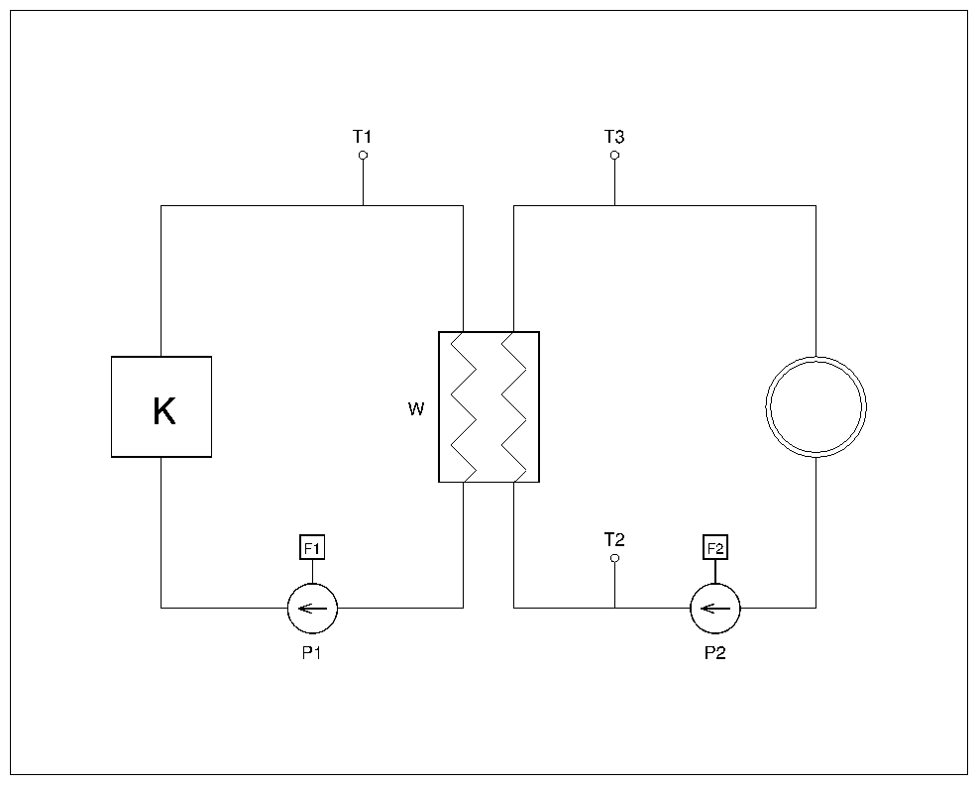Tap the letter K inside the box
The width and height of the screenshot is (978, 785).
pos(163,411)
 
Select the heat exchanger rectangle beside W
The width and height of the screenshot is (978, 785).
pos(489,406)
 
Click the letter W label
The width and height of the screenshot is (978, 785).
pos(416,408)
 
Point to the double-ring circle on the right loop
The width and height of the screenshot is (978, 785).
pos(815,406)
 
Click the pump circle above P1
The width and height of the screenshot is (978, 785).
pos(312,608)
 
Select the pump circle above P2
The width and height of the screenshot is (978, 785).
pos(714,608)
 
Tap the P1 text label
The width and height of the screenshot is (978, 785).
pos(312,653)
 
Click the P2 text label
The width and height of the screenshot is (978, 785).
pos(714,653)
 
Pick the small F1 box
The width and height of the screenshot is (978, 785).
pos(312,547)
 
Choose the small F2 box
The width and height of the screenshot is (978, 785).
pos(714,547)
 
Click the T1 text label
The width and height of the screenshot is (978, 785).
pos(363,136)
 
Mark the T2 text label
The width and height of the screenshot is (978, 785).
pos(614,539)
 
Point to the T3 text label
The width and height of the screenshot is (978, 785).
pos(614,136)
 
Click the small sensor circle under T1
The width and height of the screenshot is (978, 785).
pos(363,156)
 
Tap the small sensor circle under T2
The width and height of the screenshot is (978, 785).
pos(614,559)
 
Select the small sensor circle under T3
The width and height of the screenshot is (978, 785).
pos(614,156)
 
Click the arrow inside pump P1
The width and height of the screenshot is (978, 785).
pos(312,608)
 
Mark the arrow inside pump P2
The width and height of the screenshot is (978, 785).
pos(714,608)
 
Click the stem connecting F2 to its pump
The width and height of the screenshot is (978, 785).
pos(714,571)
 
